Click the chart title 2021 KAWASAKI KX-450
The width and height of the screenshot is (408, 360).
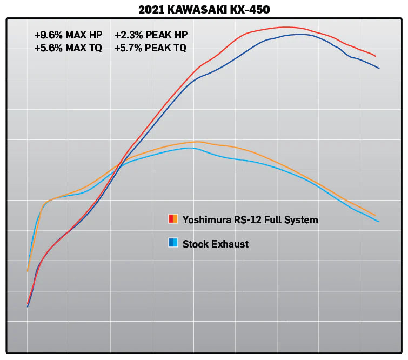tap(204, 9)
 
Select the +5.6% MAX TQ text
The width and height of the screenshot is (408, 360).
tap(68, 48)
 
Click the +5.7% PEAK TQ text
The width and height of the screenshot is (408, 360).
tap(150, 48)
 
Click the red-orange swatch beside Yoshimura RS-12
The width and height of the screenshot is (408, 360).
tap(173, 219)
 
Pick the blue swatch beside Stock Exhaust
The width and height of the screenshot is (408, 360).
tap(173, 243)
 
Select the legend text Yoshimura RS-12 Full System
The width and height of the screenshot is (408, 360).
tap(250, 219)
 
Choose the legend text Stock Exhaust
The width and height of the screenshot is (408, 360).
tap(216, 244)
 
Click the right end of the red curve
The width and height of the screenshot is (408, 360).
tap(376, 56)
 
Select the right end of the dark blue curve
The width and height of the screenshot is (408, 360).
tap(379, 68)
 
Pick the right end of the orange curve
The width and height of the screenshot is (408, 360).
tap(376, 216)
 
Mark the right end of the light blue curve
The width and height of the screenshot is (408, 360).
tap(379, 222)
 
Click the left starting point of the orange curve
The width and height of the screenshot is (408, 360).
tap(28, 271)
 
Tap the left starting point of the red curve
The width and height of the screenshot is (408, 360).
tap(28, 304)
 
